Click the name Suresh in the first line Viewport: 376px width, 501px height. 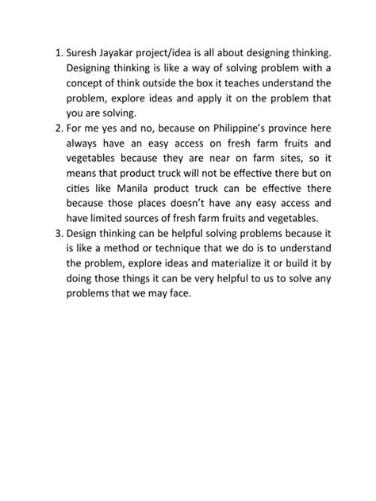[x=84, y=53]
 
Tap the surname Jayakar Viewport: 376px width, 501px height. [x=128, y=53]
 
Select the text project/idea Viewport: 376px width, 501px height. [x=184, y=53]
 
